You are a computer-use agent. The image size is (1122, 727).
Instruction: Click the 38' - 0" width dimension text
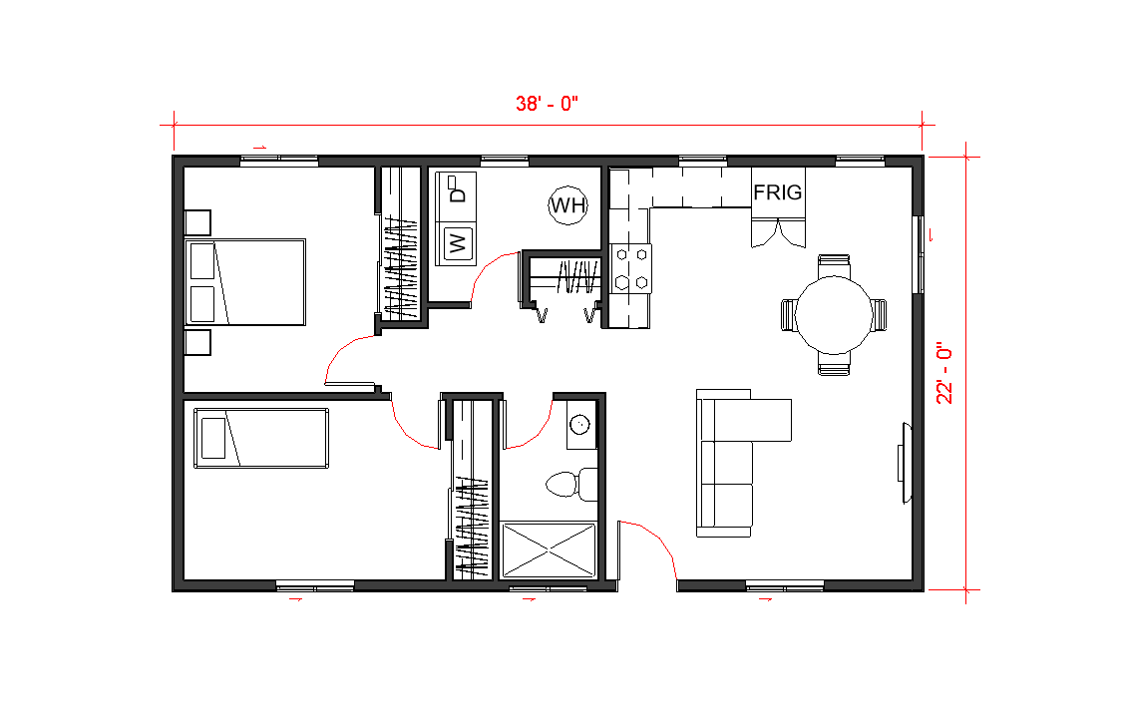coord(547,104)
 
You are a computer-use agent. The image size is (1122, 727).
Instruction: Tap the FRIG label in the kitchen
coord(778,191)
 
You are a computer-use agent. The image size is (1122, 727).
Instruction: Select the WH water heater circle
coord(568,205)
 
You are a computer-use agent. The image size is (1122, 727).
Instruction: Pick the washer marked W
coord(456,243)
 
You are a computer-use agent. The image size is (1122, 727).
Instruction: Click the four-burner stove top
coord(631,269)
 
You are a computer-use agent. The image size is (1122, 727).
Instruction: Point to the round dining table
coord(834,315)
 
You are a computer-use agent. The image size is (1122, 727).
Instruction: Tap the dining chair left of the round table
coord(789,315)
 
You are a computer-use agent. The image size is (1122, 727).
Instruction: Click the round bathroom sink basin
coord(580,425)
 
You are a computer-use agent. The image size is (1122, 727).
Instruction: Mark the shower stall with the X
coord(549,549)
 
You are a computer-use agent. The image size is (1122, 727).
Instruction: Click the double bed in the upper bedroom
coord(245,282)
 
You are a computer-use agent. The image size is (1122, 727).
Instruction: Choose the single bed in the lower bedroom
coord(261,438)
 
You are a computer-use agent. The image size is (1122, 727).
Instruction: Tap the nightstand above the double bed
coord(197,222)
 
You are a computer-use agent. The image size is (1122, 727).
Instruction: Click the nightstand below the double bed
coord(197,342)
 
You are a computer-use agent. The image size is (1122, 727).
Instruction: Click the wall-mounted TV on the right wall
coord(905,463)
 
